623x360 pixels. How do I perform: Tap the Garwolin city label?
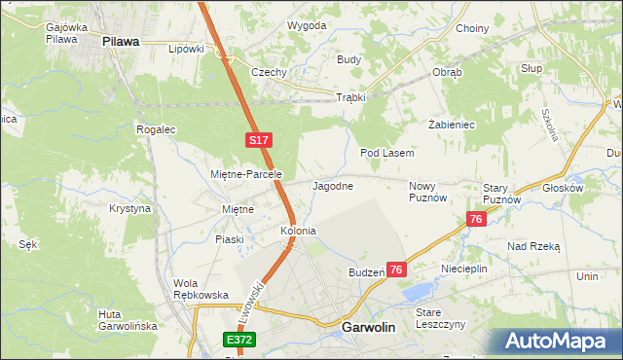(369, 328)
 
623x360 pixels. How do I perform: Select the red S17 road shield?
(257, 141)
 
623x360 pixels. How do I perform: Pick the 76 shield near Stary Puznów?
(475, 220)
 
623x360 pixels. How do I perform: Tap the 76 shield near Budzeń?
(396, 270)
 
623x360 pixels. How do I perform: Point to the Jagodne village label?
(332, 185)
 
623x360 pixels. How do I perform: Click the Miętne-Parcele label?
(246, 174)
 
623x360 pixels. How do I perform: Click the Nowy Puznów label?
(427, 191)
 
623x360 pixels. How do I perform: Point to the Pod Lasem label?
(387, 153)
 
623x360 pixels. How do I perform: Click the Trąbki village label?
(349, 97)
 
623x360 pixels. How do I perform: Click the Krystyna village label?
(130, 208)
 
